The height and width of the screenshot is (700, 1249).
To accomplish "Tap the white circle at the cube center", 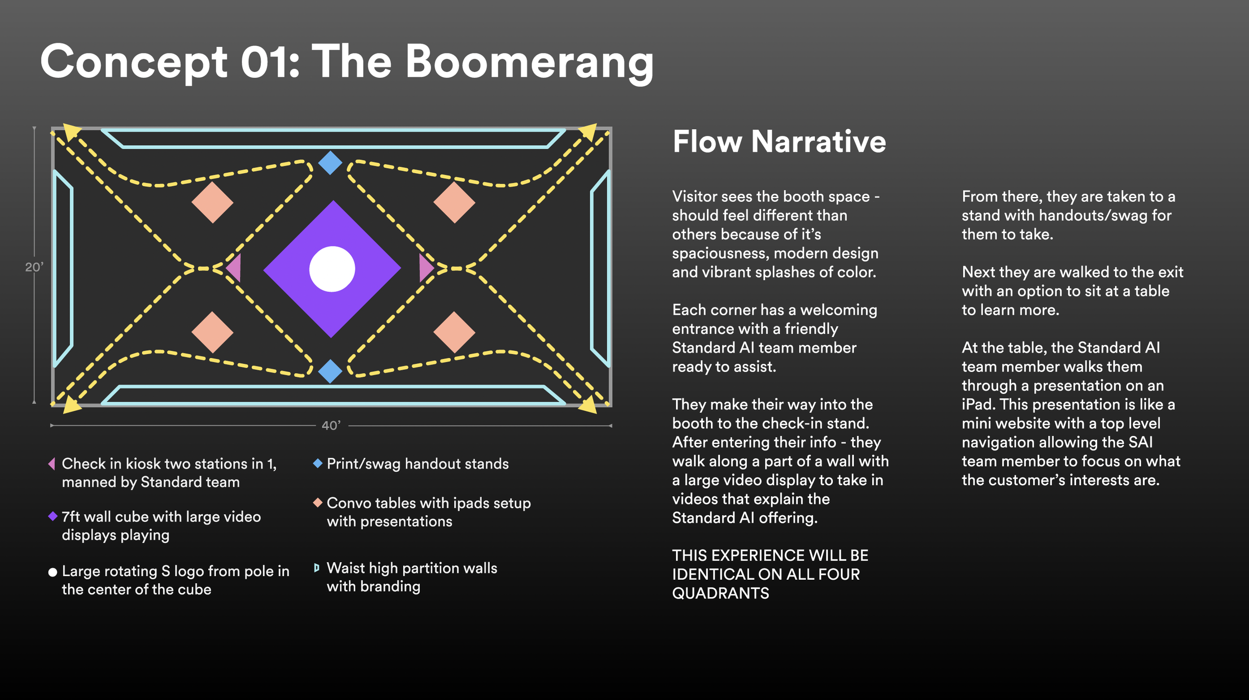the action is click(x=332, y=269).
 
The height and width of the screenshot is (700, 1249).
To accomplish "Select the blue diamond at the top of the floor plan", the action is click(x=330, y=163).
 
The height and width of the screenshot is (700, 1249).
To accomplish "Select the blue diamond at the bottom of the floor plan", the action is click(x=330, y=371).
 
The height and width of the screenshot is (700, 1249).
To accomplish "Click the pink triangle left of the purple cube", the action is click(x=234, y=268).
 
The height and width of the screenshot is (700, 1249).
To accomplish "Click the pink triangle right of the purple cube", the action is click(x=426, y=268).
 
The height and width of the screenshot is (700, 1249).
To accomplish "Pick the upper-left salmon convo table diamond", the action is click(x=212, y=202).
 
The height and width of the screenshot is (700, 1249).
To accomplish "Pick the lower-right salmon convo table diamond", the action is click(x=454, y=332).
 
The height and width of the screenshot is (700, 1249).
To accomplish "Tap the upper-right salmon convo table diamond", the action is click(x=454, y=202).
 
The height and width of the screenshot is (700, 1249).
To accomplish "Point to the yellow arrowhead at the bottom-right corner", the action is click(x=589, y=404).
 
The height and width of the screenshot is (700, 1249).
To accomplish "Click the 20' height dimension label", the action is click(x=34, y=267).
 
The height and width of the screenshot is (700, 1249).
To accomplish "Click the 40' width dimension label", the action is click(x=331, y=425).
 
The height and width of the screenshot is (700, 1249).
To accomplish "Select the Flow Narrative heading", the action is click(x=779, y=142).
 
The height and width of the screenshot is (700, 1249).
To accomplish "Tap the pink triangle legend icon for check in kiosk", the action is click(x=51, y=464).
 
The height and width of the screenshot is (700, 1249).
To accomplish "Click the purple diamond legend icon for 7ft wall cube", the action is click(x=52, y=516).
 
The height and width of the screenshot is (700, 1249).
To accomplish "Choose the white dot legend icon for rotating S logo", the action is click(x=52, y=572).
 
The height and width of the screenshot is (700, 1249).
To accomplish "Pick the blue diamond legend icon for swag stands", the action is click(x=317, y=463).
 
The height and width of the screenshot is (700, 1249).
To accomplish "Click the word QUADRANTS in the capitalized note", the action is click(x=720, y=593).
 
